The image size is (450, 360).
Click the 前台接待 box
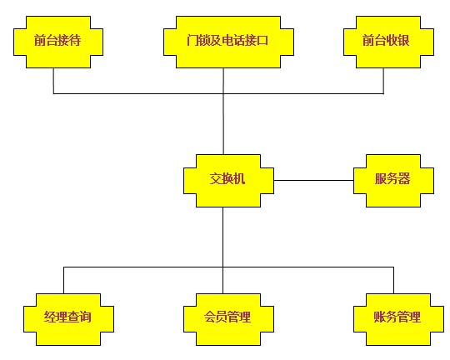click(x=58, y=42)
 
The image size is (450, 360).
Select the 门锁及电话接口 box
click(x=228, y=42)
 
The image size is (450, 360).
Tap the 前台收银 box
click(x=388, y=42)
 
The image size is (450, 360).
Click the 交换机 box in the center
click(x=228, y=181)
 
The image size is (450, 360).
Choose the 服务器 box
click(x=393, y=181)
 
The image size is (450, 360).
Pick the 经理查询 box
click(x=68, y=319)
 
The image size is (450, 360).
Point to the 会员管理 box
click(x=228, y=319)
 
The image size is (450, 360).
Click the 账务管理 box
click(x=398, y=319)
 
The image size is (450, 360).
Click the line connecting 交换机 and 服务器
click(x=313, y=181)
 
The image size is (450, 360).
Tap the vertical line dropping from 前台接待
click(x=53, y=81)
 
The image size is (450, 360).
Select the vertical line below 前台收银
click(x=383, y=81)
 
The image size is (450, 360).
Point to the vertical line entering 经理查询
click(x=63, y=280)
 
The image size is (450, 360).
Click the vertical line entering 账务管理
click(x=393, y=280)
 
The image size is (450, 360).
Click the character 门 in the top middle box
click(x=192, y=40)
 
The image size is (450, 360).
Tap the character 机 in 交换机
click(x=239, y=179)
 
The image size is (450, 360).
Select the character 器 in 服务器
click(x=404, y=179)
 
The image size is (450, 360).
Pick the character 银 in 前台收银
click(x=403, y=40)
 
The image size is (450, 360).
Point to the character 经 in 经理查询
click(x=50, y=317)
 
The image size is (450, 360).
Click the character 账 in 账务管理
click(x=380, y=317)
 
